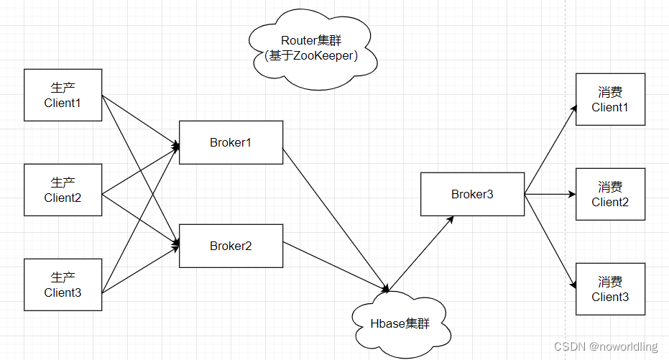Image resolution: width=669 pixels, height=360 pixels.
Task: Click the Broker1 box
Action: pyautogui.click(x=231, y=142)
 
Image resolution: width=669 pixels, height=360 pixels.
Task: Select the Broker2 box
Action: pyautogui.click(x=231, y=246)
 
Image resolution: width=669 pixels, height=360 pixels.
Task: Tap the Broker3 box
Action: pyautogui.click(x=472, y=194)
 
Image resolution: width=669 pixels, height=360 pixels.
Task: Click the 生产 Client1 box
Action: pyautogui.click(x=63, y=96)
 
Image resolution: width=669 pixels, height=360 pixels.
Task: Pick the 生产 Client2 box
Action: pyautogui.click(x=63, y=190)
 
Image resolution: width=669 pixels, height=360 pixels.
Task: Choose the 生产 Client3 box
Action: pyautogui.click(x=63, y=285)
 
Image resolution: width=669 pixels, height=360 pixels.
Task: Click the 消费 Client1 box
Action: pyautogui.click(x=610, y=99)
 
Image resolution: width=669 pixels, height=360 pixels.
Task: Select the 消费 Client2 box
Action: pyautogui.click(x=610, y=194)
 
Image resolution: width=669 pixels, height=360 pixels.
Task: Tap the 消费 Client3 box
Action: pyautogui.click(x=610, y=289)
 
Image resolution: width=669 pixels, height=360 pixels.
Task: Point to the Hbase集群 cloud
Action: pyautogui.click(x=400, y=324)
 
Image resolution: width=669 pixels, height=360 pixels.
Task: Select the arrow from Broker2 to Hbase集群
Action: pyautogui.click(x=335, y=267)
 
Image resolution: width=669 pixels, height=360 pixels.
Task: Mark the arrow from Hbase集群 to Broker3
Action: pyautogui.click(x=422, y=254)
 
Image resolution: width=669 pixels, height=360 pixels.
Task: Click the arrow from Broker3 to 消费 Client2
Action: pyautogui.click(x=550, y=194)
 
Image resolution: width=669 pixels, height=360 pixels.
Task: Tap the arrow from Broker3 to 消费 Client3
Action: pyautogui.click(x=551, y=239)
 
